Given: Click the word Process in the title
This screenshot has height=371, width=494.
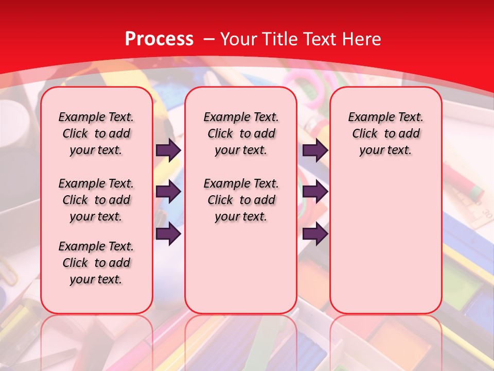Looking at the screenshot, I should [159, 39].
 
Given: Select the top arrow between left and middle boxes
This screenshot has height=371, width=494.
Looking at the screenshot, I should [168, 150].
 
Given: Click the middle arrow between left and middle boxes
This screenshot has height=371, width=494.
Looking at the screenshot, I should [168, 192].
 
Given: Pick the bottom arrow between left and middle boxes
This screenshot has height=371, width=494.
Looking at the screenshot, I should [168, 234].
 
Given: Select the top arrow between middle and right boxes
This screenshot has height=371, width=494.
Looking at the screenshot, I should [315, 150].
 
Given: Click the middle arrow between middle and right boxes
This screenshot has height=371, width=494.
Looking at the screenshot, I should [315, 192].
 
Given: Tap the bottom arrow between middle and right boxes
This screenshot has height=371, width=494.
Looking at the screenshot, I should [315, 234].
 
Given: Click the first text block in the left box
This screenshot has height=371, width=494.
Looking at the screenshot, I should [96, 133].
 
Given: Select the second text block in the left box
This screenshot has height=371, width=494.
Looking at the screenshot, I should [96, 200].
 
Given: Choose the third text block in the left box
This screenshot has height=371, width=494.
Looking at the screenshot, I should [96, 263].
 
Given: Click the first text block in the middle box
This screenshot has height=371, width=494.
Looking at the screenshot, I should [241, 133].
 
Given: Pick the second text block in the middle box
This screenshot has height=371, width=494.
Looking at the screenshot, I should [241, 200].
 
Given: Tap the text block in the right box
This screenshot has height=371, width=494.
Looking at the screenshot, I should [385, 133].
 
